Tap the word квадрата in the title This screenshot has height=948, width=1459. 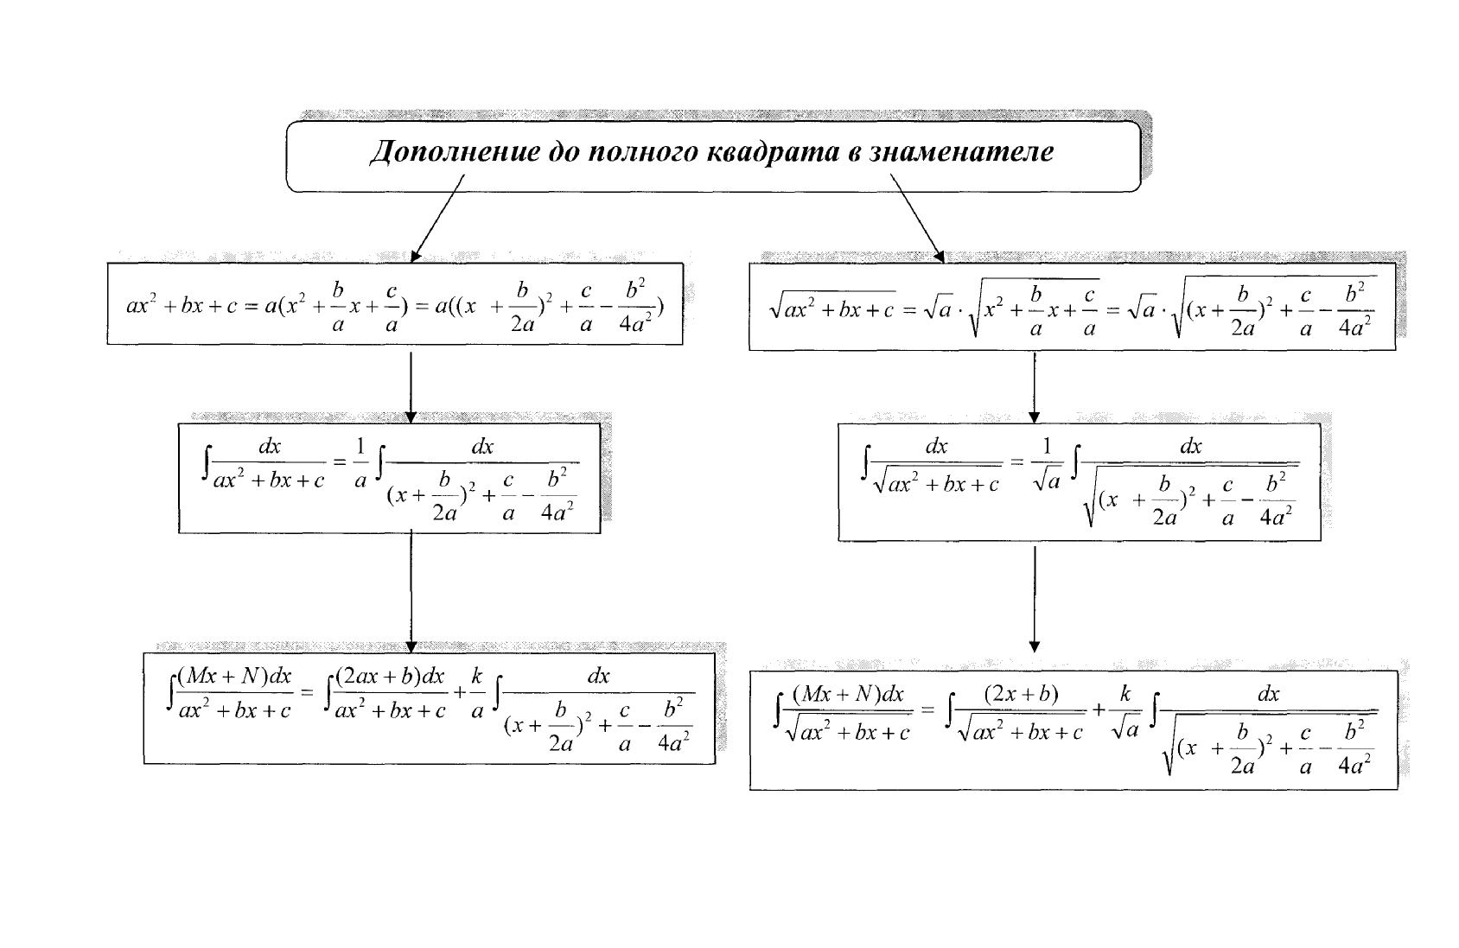[x=774, y=152]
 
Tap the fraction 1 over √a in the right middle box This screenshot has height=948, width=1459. [x=1047, y=464]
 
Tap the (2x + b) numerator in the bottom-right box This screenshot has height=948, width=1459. [x=1021, y=694]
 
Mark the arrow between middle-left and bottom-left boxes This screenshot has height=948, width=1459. [x=411, y=592]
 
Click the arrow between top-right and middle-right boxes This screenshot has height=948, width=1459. [x=1034, y=387]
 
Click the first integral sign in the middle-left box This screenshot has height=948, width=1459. [x=206, y=464]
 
